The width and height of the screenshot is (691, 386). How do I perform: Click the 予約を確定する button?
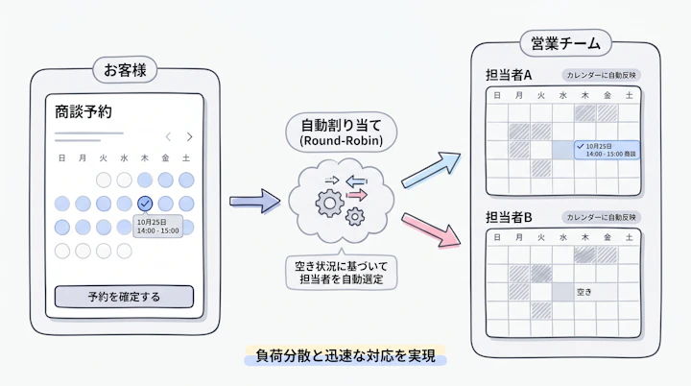click(x=124, y=297)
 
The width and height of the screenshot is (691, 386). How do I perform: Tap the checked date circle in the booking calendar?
click(x=145, y=204)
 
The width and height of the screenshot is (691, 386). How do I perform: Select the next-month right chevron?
click(x=189, y=136)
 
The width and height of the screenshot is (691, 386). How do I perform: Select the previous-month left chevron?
click(x=168, y=136)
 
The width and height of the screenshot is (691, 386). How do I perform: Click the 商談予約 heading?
click(x=83, y=112)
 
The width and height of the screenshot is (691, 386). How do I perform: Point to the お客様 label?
click(x=125, y=70)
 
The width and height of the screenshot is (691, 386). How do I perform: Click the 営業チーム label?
click(x=566, y=43)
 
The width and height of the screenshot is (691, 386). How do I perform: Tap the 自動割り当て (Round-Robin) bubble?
click(x=341, y=132)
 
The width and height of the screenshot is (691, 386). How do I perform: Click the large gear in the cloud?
click(x=329, y=204)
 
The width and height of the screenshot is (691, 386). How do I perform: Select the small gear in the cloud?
click(x=355, y=217)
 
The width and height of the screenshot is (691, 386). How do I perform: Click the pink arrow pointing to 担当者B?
click(x=431, y=229)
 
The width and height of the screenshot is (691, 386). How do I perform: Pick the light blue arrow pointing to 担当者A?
click(x=431, y=169)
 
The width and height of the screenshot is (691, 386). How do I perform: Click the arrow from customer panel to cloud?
click(x=254, y=202)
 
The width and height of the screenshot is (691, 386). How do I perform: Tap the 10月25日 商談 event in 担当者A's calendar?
click(x=607, y=150)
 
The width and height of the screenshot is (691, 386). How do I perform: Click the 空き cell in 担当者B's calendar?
click(x=584, y=292)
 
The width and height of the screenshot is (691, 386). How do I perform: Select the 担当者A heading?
click(x=509, y=76)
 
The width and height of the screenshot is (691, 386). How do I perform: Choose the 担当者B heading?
click(x=509, y=217)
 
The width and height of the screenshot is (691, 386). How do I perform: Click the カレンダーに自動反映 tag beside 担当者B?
click(x=601, y=217)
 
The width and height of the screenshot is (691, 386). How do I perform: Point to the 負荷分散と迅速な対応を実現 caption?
click(x=345, y=356)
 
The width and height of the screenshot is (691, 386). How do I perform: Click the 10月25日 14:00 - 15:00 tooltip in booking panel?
click(x=157, y=227)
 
